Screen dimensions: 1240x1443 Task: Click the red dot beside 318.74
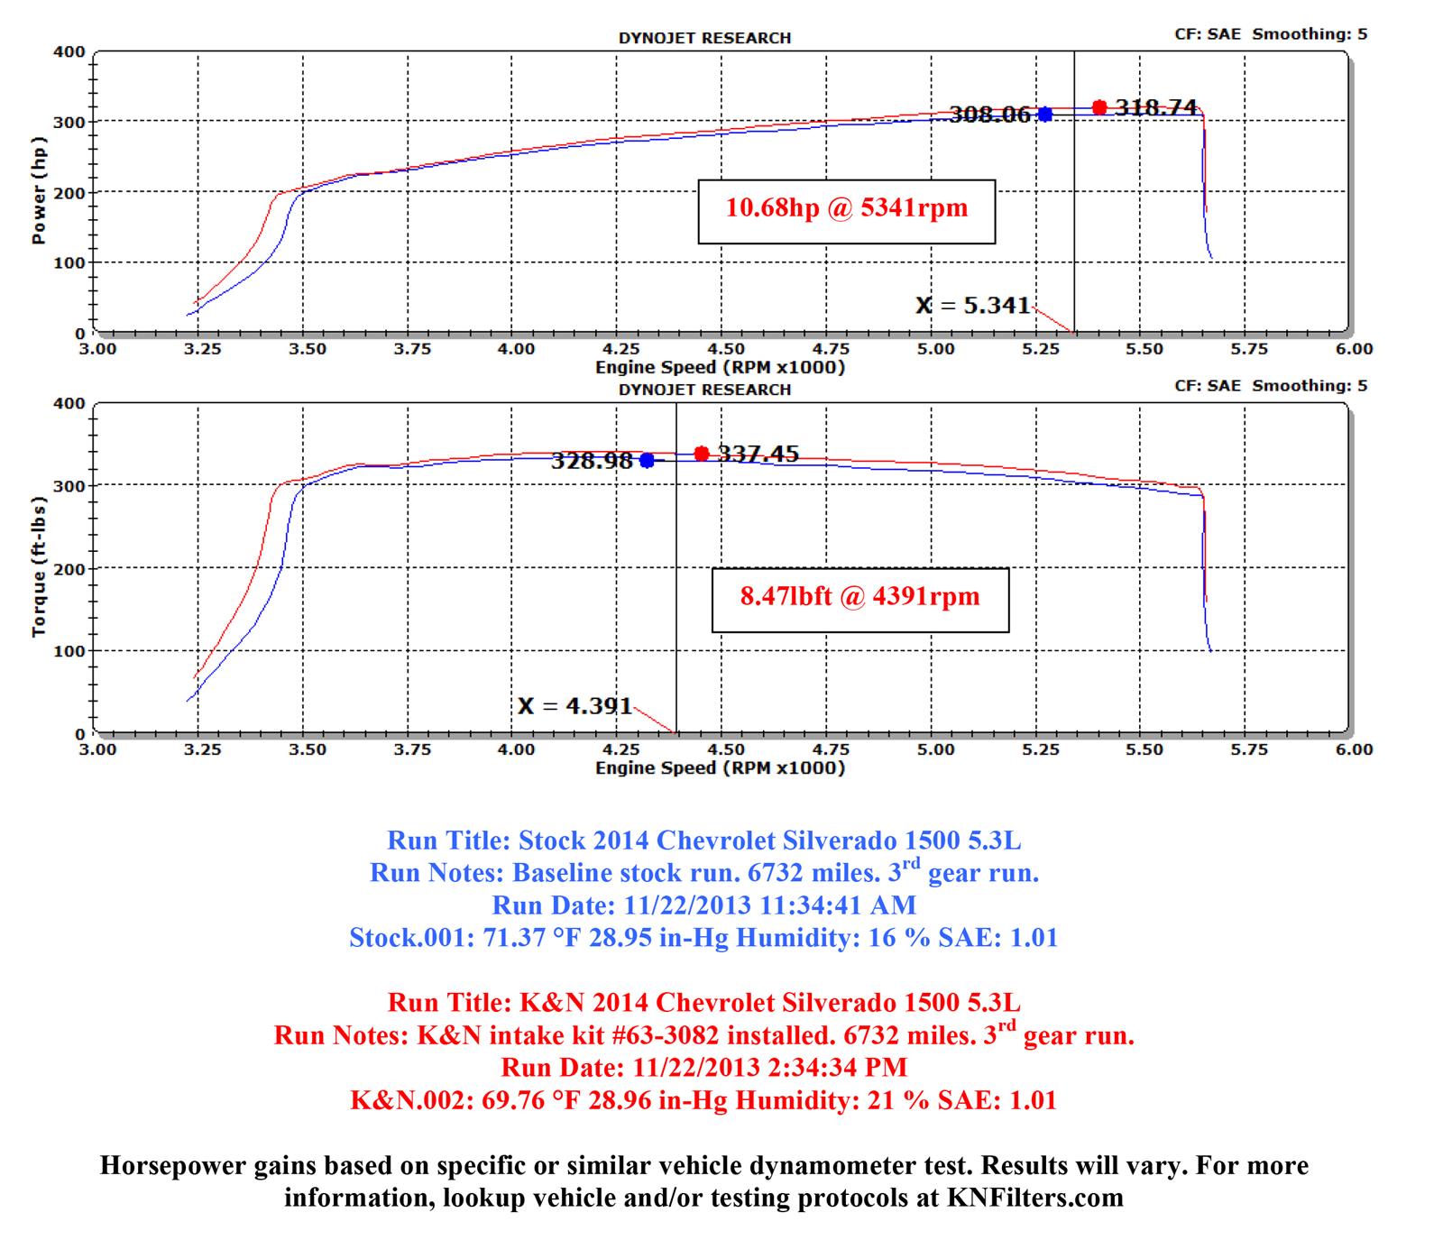(1098, 107)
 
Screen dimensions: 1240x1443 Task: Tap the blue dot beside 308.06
(1044, 115)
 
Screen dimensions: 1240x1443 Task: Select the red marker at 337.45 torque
(702, 454)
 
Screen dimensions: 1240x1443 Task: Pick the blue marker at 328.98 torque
(647, 461)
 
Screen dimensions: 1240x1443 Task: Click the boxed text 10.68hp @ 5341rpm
(846, 208)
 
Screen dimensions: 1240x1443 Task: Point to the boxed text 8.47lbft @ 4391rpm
(859, 597)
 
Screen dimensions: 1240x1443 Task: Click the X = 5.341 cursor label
(972, 306)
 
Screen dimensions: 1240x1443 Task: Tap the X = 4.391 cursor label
(574, 705)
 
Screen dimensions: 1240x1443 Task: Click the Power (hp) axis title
(39, 190)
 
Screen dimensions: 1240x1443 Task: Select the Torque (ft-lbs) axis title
(39, 566)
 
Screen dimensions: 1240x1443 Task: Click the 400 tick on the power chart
(69, 52)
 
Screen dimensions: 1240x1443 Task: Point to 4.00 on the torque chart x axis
(516, 749)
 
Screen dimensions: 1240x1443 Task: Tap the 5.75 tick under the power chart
(1249, 349)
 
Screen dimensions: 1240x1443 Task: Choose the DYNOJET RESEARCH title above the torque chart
(704, 390)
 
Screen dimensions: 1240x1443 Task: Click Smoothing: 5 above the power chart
(1310, 34)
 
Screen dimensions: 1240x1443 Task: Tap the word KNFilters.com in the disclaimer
(1034, 1198)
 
